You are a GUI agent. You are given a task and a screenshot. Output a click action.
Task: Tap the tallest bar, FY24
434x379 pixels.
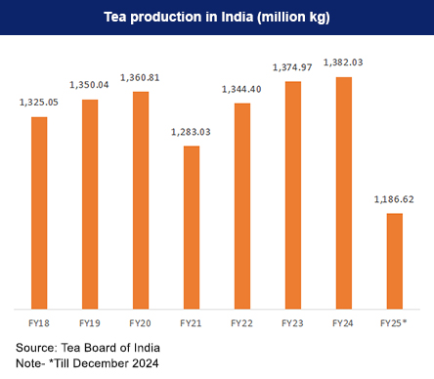tap(344, 191)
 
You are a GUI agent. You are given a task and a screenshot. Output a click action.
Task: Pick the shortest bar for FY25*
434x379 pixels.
tap(395, 260)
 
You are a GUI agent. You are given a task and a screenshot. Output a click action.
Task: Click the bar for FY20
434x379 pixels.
tap(141, 199)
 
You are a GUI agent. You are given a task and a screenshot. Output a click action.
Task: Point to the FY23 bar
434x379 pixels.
tap(293, 194)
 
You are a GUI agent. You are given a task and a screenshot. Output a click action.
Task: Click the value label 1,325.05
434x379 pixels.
tap(39, 104)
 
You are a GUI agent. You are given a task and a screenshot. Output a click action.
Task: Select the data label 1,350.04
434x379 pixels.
tap(90, 86)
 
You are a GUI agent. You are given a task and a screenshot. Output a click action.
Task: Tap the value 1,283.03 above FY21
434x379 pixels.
tap(192, 132)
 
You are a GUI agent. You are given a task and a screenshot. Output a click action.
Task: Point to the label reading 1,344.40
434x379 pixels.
tap(242, 90)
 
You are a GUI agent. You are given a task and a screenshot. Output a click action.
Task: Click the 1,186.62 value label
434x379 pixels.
tap(395, 199)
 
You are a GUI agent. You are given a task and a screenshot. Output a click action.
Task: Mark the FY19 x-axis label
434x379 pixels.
tap(90, 321)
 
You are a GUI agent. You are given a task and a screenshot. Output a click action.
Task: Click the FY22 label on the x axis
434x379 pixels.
tap(242, 321)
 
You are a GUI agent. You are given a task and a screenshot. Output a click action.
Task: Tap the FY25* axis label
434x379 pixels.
tap(395, 321)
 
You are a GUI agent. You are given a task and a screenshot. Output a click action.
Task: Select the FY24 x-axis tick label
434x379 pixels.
tap(344, 321)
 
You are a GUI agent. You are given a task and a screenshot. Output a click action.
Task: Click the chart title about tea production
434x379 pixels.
tap(217, 18)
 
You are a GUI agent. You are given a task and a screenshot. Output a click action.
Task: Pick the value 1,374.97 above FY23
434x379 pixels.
tap(293, 67)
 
